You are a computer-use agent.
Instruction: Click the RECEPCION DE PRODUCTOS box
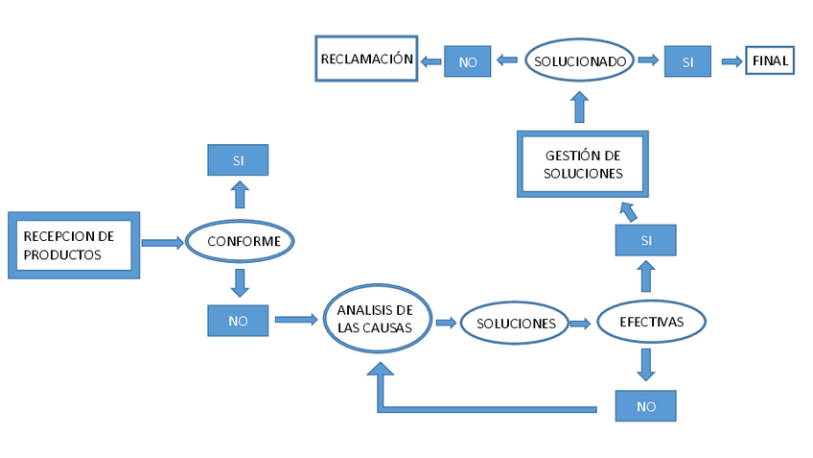pos(74,245)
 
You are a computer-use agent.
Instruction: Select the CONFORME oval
pos(239,241)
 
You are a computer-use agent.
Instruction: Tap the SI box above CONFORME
pos(238,160)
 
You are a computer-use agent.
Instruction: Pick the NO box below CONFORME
pos(238,321)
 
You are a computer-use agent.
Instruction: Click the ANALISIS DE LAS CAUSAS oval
pos(375,319)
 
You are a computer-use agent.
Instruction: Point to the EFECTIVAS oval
pos(652,322)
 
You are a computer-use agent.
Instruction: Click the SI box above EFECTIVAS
pos(646,240)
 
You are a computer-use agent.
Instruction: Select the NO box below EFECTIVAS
pos(646,406)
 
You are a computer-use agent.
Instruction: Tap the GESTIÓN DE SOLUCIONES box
pos(583,164)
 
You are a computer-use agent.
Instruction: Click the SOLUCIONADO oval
pos(580,60)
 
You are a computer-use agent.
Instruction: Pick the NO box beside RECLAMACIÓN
pos(468,61)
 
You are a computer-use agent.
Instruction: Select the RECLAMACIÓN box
pos(367,60)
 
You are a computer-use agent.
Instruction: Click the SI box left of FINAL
pos(687,61)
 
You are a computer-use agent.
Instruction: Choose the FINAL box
pos(770,60)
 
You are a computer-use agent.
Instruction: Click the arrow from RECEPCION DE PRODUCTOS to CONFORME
pos(161,243)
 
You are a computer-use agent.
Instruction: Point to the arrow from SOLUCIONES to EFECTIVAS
pos(579,324)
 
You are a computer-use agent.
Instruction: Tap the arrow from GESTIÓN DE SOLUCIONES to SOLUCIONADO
pos(580,107)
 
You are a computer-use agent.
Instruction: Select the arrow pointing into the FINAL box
pos(732,61)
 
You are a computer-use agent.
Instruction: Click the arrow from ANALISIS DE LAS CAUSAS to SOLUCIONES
pos(446,323)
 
